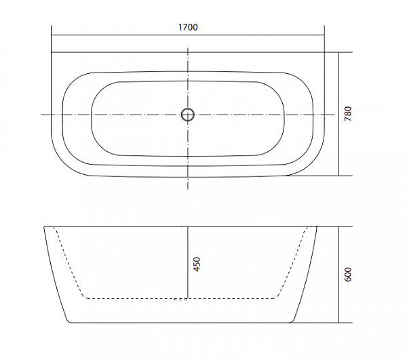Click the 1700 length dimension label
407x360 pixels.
188,27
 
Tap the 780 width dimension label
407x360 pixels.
348,114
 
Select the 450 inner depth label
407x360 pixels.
197,264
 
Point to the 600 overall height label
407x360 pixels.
347,275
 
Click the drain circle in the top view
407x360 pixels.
188,115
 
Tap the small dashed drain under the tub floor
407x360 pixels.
180,300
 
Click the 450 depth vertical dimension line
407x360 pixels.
188,262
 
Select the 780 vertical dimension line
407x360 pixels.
338,114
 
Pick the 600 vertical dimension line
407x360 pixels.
338,275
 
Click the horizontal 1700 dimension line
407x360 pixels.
188,35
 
